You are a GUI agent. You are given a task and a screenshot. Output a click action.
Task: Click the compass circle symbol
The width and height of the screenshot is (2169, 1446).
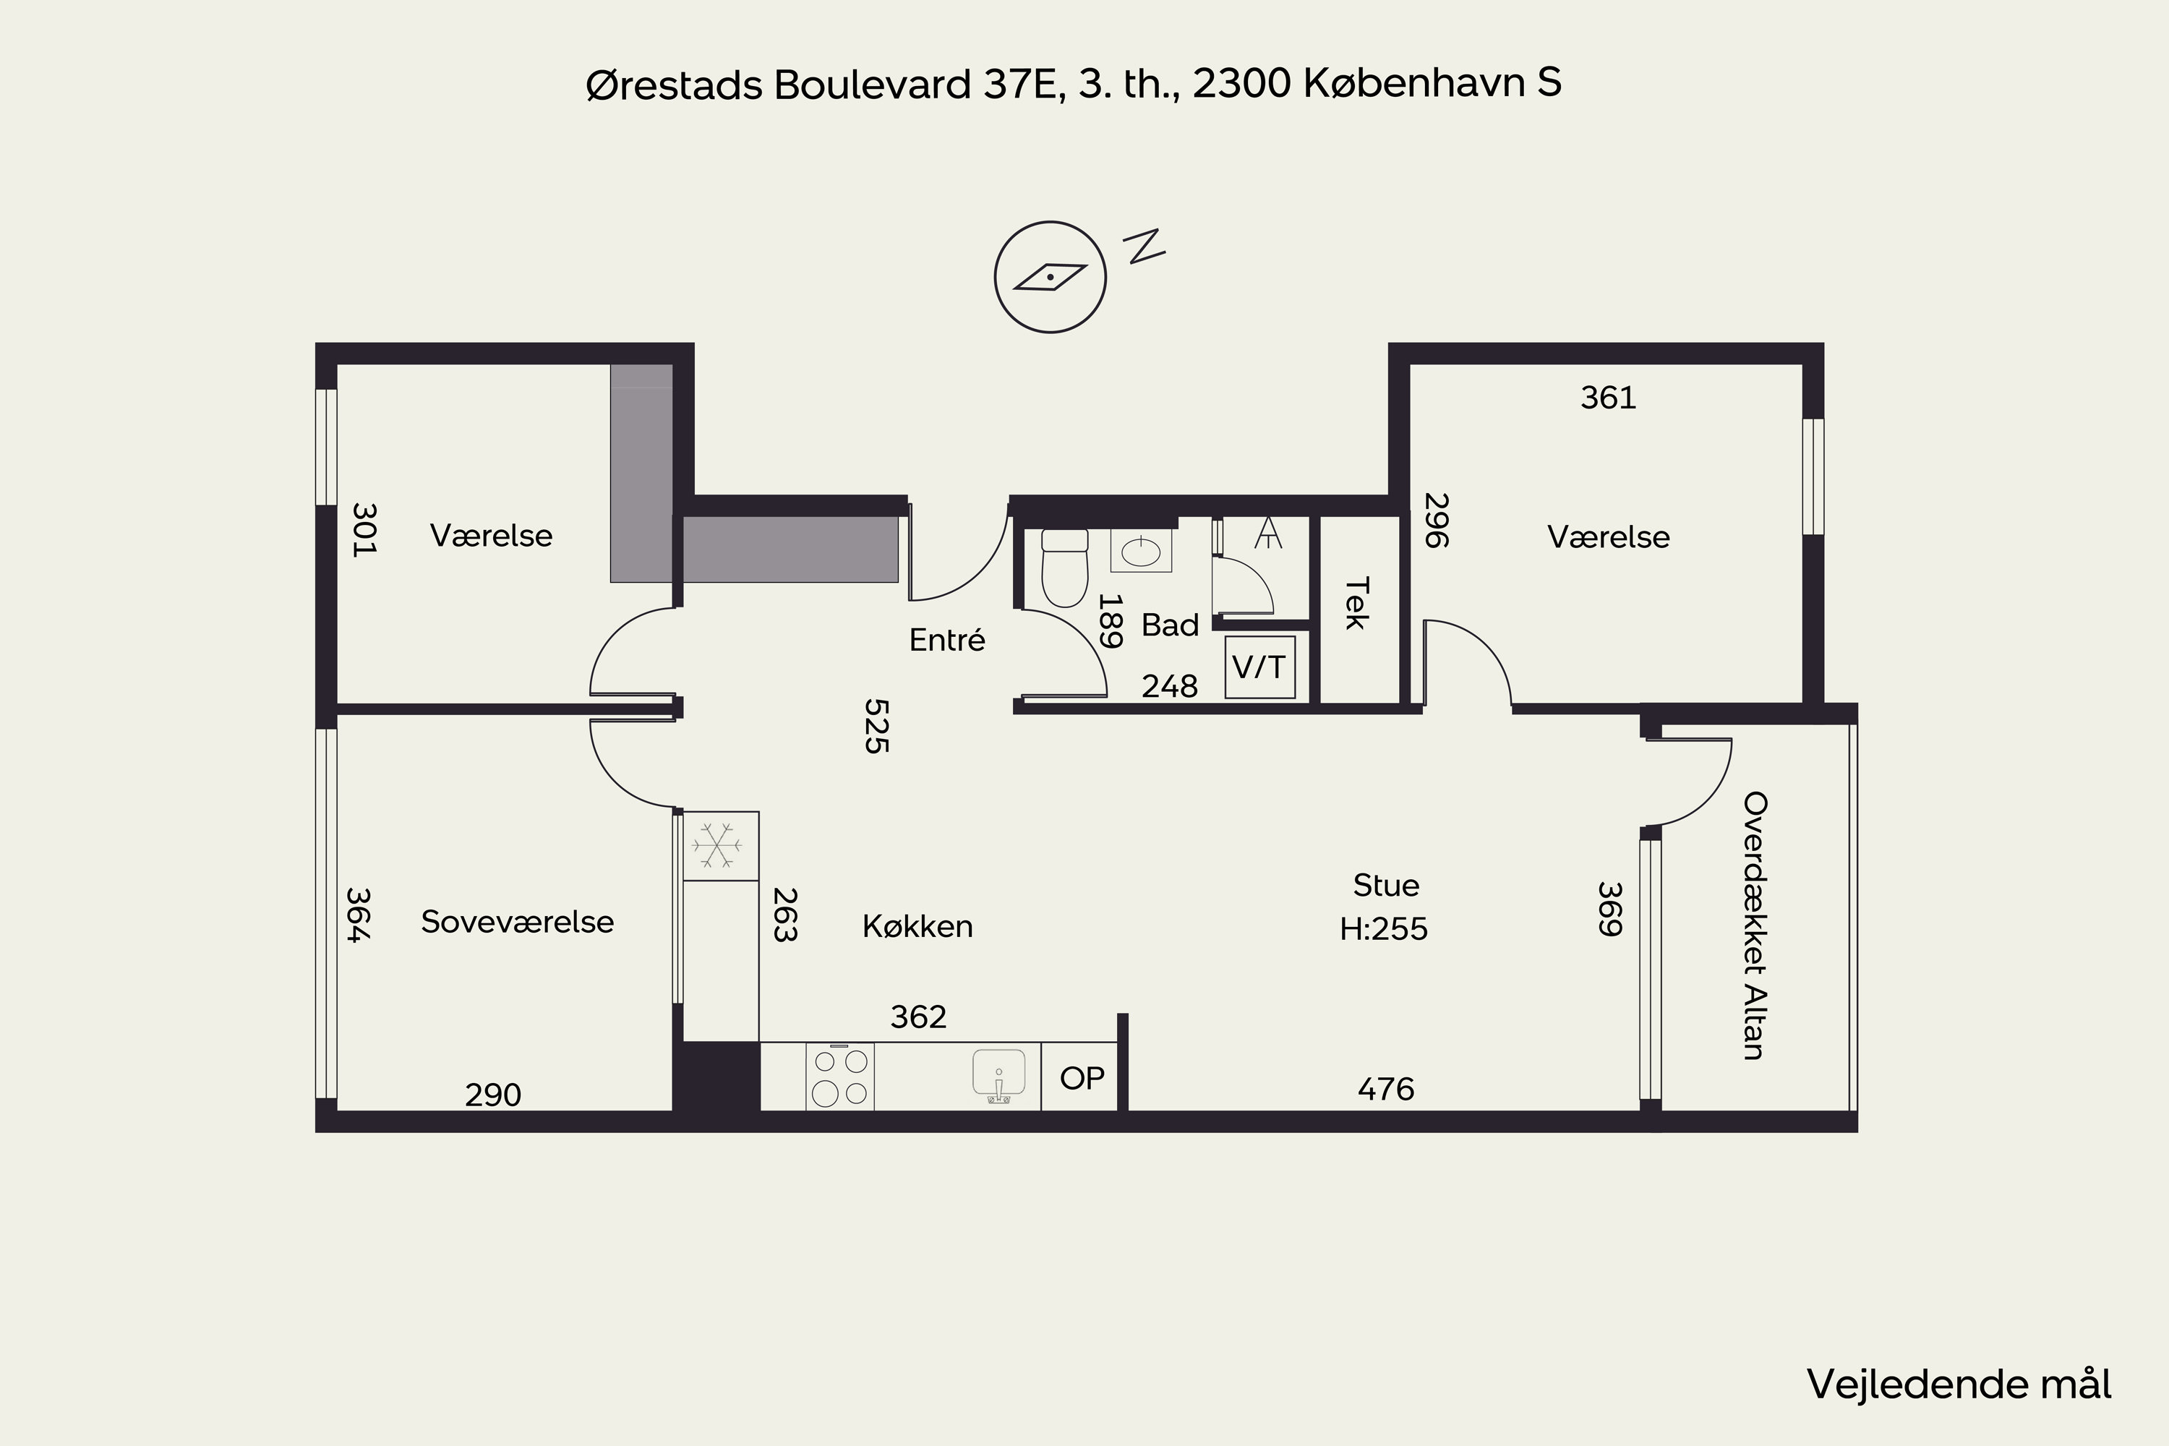pyautogui.click(x=1050, y=277)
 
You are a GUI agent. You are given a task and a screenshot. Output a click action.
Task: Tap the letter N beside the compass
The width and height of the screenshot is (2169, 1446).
pyautogui.click(x=1144, y=247)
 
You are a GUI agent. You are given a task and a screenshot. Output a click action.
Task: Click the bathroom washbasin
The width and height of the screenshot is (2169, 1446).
pyautogui.click(x=1141, y=552)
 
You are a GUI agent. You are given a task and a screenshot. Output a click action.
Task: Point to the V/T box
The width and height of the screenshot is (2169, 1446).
pyautogui.click(x=1259, y=667)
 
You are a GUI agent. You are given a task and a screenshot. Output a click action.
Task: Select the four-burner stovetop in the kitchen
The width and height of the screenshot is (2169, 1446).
pyautogui.click(x=839, y=1077)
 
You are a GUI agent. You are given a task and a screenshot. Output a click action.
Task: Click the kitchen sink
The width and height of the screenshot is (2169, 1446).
pyautogui.click(x=998, y=1075)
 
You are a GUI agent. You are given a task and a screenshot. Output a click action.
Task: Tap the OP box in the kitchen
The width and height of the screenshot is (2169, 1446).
pyautogui.click(x=1082, y=1078)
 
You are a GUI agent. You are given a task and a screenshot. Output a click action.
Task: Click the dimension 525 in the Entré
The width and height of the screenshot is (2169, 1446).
pyautogui.click(x=875, y=726)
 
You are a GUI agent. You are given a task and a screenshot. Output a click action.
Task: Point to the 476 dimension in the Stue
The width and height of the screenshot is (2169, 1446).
pyautogui.click(x=1385, y=1089)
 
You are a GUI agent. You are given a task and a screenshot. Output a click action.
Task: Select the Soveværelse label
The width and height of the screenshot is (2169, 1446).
pyautogui.click(x=518, y=921)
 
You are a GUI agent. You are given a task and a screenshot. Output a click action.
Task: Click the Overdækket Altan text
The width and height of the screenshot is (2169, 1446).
pyautogui.click(x=1754, y=925)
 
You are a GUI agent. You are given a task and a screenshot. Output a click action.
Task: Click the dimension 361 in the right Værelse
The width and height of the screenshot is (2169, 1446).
pyautogui.click(x=1608, y=398)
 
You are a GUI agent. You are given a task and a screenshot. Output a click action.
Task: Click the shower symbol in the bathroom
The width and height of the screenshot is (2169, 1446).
pyautogui.click(x=1269, y=532)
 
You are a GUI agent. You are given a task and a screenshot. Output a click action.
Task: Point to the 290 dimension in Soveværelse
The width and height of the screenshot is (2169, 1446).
pyautogui.click(x=493, y=1095)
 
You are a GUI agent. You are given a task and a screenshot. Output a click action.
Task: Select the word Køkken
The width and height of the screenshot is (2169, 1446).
pyautogui.click(x=917, y=926)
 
